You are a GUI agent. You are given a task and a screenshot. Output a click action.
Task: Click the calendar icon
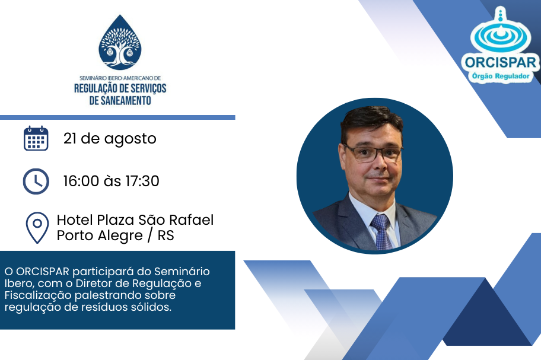point(36,138)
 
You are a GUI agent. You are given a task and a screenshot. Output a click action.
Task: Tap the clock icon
point(36,181)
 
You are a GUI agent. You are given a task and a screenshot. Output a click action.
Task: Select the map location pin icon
point(37,228)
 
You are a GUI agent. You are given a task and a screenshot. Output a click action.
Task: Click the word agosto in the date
point(131,139)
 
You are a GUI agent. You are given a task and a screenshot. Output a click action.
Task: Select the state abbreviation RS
point(166,235)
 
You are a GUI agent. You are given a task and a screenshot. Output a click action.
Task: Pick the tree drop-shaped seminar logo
point(120,42)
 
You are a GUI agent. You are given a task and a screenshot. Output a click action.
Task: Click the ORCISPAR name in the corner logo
point(500,63)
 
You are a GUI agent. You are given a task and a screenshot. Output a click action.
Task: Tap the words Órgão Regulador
point(500,76)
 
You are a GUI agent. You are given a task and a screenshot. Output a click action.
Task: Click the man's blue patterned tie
point(381,231)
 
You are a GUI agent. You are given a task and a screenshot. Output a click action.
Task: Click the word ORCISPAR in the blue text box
point(43,272)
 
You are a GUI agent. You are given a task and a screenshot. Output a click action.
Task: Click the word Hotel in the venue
point(75,219)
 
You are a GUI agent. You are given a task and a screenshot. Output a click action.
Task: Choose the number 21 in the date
point(70,139)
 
